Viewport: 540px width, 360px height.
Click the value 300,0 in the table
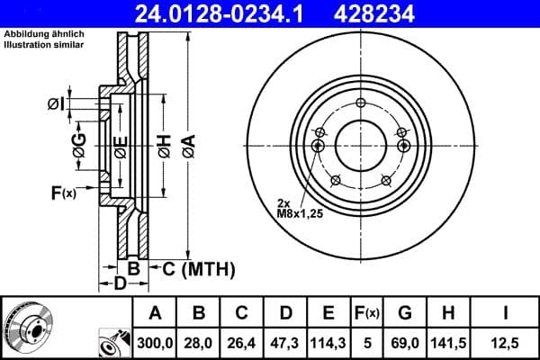coord(155,342)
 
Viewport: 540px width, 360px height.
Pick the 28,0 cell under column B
coord(198,342)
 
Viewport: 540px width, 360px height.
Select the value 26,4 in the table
coord(241,342)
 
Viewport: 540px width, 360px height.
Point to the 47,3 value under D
coord(284,342)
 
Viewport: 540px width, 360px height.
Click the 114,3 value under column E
coord(328,342)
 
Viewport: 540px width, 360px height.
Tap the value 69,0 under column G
coord(404,342)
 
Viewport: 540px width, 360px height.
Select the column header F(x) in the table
coord(367,313)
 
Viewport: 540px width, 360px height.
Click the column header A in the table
coord(155,313)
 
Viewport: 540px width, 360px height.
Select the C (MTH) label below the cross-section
coord(199,268)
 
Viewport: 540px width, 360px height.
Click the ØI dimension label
coord(56,104)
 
